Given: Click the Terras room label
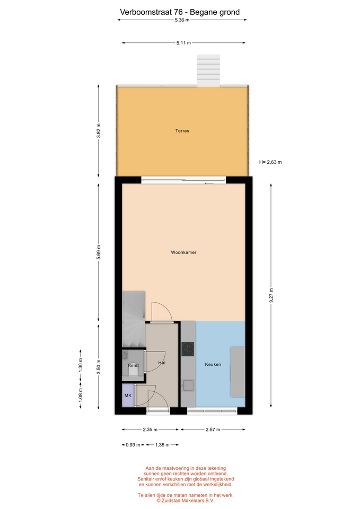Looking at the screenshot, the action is coord(182,131).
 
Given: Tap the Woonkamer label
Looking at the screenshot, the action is coord(184,252).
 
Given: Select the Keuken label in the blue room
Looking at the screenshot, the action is coord(213,364).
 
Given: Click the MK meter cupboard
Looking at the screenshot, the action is coord(128,396).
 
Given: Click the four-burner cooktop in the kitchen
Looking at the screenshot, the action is coord(188,349).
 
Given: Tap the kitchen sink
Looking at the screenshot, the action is coord(188,385).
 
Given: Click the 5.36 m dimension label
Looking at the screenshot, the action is coord(182,20).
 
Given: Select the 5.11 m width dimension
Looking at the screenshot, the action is coord(184,42).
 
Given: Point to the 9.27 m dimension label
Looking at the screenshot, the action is coord(271,295).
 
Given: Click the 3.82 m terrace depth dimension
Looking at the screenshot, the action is coord(99,131).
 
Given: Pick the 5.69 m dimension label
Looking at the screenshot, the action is coord(99,252).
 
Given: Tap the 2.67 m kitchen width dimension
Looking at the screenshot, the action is coord(213,429).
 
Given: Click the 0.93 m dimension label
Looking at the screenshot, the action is coord(133,445).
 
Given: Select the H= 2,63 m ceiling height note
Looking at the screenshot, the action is coord(270,162).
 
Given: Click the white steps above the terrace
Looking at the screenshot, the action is coord(209,71).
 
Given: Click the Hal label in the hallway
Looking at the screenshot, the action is coord(162,363).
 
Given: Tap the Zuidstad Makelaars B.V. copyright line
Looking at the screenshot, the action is coord(186,501).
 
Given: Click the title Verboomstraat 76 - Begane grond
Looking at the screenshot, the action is coord(180,12).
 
